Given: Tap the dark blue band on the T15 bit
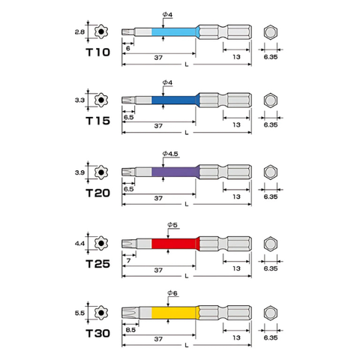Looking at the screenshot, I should click(174, 100).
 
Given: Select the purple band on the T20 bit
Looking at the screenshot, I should click(174, 172).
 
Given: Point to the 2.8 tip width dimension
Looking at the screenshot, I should click(80, 32).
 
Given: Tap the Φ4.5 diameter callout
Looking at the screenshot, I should click(170, 154).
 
